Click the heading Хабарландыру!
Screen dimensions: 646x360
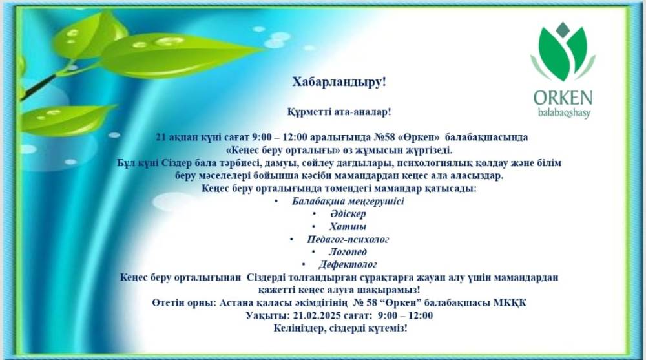click(339, 82)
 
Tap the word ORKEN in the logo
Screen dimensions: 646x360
click(563, 98)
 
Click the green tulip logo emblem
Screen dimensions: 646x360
click(563, 52)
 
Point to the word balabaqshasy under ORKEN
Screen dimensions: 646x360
click(564, 113)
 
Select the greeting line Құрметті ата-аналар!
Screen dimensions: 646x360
click(339, 112)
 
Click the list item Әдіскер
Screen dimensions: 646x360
click(348, 213)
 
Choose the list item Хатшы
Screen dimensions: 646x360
click(348, 226)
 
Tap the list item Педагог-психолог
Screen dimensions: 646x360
click(348, 239)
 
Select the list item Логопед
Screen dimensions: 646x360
click(348, 252)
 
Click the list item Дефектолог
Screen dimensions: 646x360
click(348, 264)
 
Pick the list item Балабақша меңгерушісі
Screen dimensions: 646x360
click(348, 201)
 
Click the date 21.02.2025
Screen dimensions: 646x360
click(317, 316)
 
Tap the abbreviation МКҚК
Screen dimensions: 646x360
click(511, 303)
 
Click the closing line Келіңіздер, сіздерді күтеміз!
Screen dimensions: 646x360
click(340, 328)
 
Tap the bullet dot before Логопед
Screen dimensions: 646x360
click(314, 252)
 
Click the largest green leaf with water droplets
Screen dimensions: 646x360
click(177, 56)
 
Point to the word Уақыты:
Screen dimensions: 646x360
click(268, 316)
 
